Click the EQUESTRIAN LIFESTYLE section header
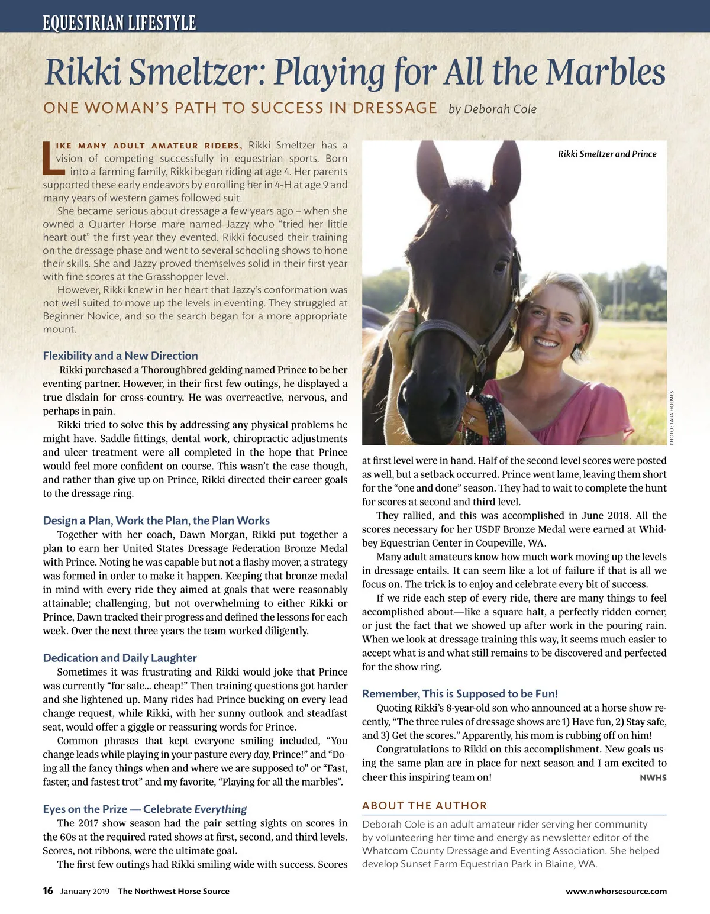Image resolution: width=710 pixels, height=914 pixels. (119, 23)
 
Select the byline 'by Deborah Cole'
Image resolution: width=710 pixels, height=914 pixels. (492, 109)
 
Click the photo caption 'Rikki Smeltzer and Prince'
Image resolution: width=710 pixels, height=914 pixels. (607, 154)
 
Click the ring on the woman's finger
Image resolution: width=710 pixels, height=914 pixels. (472, 420)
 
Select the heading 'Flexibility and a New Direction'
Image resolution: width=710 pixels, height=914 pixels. (120, 356)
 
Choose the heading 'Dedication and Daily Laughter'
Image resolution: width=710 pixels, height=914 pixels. (120, 658)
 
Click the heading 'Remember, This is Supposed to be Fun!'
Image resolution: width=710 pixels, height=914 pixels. (460, 694)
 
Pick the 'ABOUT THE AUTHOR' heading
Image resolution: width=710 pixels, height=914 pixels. (424, 805)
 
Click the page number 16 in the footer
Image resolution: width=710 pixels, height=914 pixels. (48, 891)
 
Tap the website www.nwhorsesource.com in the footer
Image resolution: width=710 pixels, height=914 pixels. (616, 891)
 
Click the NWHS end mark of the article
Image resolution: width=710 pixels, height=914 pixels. (653, 778)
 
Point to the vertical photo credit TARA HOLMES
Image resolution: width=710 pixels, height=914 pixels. (672, 417)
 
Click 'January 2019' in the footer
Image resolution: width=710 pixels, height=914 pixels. (85, 892)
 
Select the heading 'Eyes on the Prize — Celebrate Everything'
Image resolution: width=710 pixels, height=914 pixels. (144, 809)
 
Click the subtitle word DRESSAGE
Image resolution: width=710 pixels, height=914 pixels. (395, 108)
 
